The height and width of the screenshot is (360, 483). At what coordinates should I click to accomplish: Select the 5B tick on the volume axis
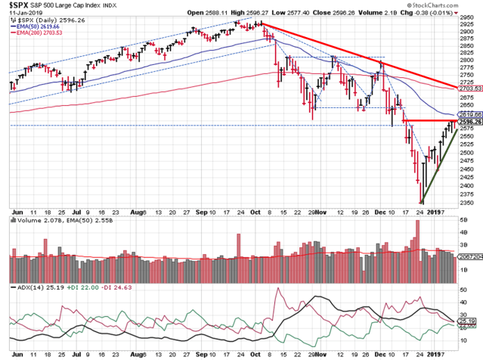pyautogui.click(x=463, y=219)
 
